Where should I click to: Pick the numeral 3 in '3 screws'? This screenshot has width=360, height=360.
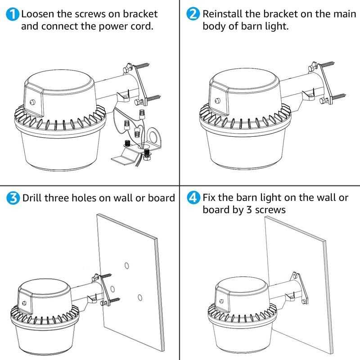[x=249, y=210]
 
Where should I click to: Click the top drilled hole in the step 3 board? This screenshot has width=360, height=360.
[x=127, y=266]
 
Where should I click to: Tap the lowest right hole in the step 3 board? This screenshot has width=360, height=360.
[x=140, y=297]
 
